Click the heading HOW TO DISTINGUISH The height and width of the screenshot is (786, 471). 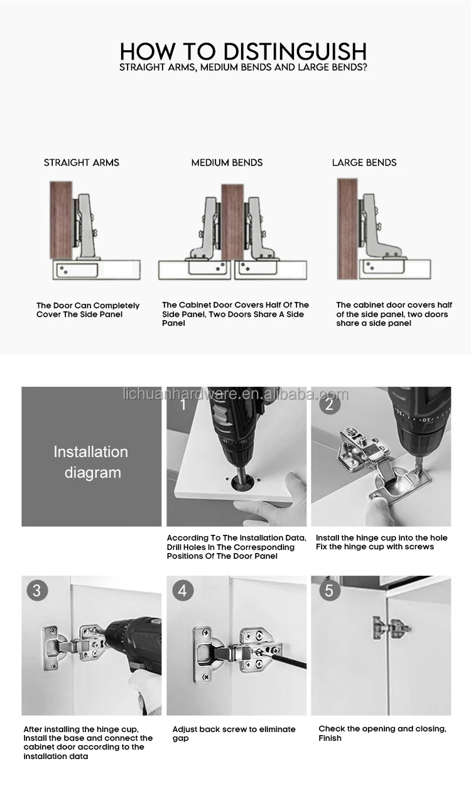point(243,50)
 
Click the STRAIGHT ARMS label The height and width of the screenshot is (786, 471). point(81,163)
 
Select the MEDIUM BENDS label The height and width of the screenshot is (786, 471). point(227,163)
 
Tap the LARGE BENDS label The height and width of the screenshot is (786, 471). point(364,163)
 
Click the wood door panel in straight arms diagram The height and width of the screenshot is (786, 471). point(62,219)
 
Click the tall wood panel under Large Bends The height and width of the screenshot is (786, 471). point(347,229)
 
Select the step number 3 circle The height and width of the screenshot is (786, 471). point(36,591)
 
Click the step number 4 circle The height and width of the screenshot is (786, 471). point(182,591)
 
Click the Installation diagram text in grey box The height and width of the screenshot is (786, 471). point(91,462)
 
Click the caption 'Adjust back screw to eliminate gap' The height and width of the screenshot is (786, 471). point(234,733)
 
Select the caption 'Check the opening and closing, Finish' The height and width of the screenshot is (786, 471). point(382,733)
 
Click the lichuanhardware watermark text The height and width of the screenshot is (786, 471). point(235,394)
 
